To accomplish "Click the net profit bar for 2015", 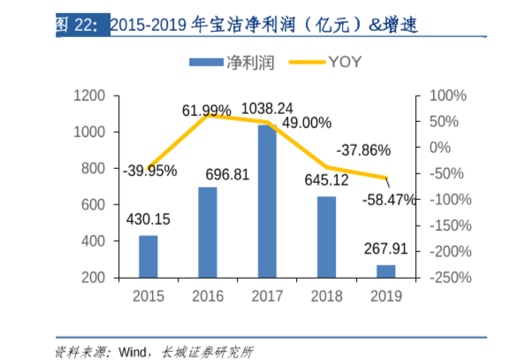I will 148,256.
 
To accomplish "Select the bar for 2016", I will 208,232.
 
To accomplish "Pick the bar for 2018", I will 326,236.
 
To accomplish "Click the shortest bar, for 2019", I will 386,271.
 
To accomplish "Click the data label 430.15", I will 148,219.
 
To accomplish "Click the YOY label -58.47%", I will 389,201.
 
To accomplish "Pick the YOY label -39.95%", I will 150,170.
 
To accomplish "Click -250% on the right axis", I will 450,278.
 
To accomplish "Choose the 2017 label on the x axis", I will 267,295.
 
